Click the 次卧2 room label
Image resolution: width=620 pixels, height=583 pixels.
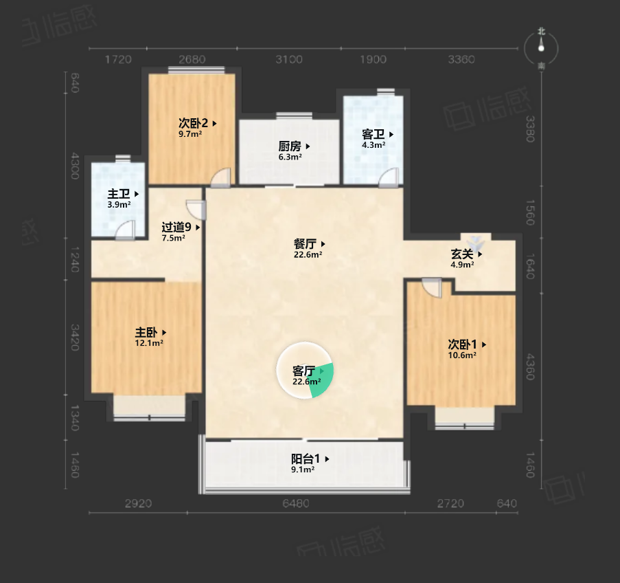194,123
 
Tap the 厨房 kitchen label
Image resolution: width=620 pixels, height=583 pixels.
290,146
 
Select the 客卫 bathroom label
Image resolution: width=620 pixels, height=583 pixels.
374,134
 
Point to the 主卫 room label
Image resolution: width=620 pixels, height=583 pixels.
119,194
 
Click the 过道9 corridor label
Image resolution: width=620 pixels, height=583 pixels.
176,227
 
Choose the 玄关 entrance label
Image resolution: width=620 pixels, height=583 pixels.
462,254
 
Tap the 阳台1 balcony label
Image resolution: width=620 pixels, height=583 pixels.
306,459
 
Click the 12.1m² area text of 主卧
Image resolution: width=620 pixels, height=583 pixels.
149,343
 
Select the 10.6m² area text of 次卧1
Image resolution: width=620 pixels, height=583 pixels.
462,355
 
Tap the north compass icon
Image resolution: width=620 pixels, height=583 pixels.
541,48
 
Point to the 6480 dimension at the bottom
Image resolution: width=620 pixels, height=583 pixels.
296,503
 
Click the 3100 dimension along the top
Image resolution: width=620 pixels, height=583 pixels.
289,59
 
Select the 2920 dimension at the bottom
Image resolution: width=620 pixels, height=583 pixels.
139,503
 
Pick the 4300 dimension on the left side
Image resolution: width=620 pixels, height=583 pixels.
75,166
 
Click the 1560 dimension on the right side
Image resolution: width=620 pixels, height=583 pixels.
530,212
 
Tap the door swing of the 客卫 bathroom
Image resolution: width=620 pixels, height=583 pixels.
389,177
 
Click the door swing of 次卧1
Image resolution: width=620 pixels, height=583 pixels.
431,287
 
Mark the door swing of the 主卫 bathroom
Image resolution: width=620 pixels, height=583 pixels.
126,230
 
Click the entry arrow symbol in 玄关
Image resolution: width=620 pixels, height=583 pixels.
475,241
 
